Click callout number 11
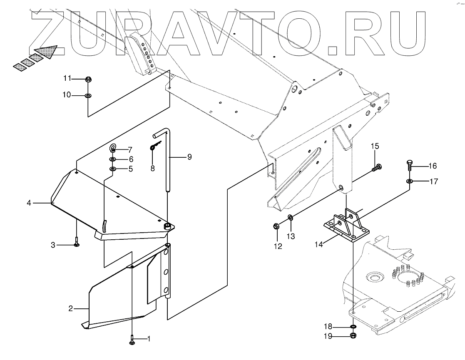[67, 78]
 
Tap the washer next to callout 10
[88, 96]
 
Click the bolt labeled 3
[77, 243]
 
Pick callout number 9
[189, 157]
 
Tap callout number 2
[71, 308]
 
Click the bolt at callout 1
[132, 340]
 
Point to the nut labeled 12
[276, 226]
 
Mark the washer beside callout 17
[410, 181]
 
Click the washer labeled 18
[353, 327]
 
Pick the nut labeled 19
[353, 336]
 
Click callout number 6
[131, 159]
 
